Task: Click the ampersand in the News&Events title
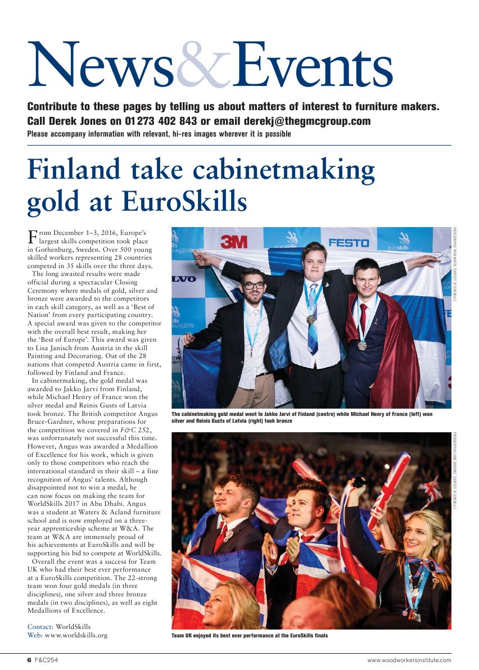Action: (x=204, y=67)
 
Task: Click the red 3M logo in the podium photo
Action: (x=233, y=242)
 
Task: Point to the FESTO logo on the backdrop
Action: (x=349, y=243)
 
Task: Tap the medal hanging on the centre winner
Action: (x=310, y=319)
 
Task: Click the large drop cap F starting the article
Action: (x=33, y=236)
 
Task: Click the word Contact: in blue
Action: (x=40, y=627)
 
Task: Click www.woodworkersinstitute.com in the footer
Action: (x=409, y=660)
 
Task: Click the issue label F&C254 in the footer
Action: (x=47, y=660)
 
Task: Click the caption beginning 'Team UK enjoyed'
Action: (x=250, y=636)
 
